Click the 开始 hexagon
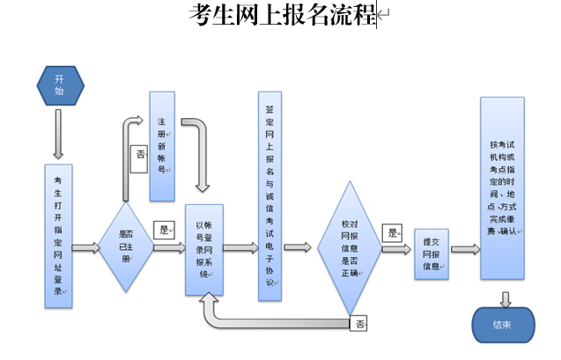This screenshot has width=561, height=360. click(x=60, y=84)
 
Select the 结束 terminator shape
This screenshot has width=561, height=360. click(x=502, y=324)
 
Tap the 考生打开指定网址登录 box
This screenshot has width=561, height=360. click(x=58, y=235)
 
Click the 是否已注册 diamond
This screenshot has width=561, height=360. click(x=128, y=247)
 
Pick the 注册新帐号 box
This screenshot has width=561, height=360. click(x=162, y=145)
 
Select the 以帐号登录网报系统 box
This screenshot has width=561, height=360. click(x=205, y=249)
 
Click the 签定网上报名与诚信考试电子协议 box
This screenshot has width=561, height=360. click(x=269, y=195)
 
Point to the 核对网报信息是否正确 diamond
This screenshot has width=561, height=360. click(x=350, y=247)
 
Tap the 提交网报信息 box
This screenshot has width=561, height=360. click(x=432, y=253)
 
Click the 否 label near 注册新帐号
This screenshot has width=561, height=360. click(x=140, y=156)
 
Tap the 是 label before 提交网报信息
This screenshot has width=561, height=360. click(x=392, y=232)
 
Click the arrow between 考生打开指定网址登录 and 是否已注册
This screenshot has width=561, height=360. click(x=86, y=248)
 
